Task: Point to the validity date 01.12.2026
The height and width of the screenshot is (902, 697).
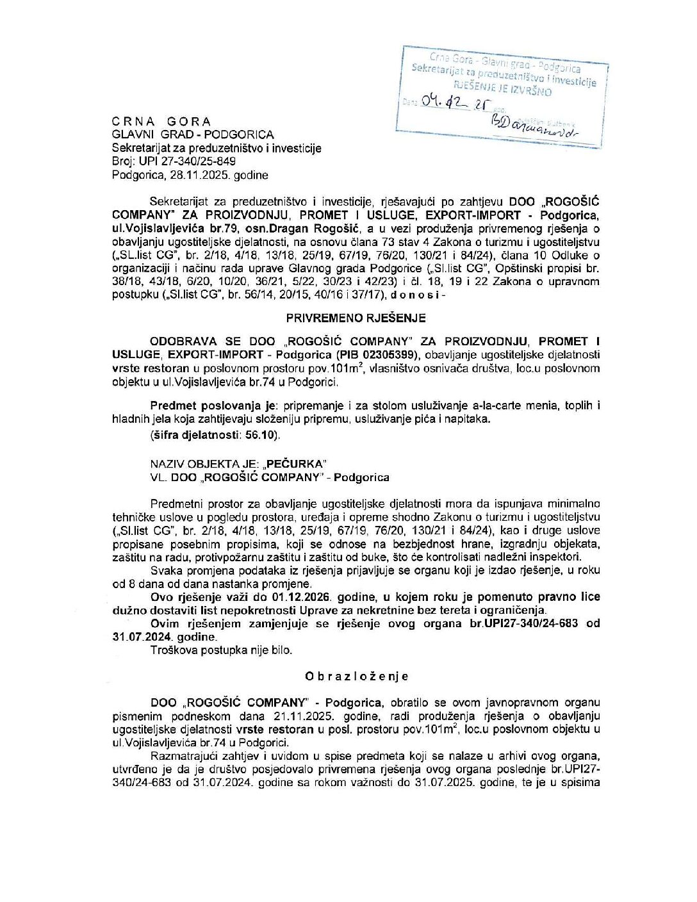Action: click(300, 596)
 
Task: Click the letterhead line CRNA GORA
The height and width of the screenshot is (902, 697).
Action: click(161, 121)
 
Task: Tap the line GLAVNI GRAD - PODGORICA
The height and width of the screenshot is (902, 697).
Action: click(192, 135)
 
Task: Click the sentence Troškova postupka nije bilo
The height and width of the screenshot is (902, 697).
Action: click(221, 650)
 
